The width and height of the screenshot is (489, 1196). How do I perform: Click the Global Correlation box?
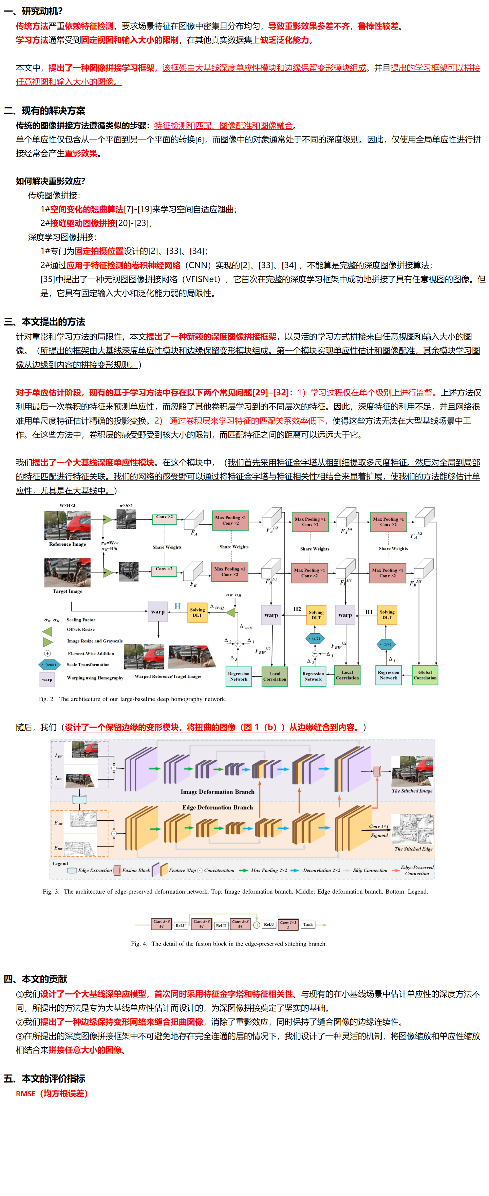point(425,675)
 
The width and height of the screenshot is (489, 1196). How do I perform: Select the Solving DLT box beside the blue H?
point(198,612)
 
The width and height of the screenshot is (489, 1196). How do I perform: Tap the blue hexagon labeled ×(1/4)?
point(387,644)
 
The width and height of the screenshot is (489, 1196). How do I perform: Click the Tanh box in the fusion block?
point(308,924)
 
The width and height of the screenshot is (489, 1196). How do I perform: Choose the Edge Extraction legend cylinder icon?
point(72,871)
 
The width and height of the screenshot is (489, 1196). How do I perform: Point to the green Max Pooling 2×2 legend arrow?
point(243,871)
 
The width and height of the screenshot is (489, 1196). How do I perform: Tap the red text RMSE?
point(25,1094)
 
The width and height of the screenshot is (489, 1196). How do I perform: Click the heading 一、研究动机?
point(33,11)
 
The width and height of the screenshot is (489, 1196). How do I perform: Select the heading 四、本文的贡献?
point(35,979)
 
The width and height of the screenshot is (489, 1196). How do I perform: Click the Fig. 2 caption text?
point(132,699)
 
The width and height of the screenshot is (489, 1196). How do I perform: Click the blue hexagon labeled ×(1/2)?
point(315,638)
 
